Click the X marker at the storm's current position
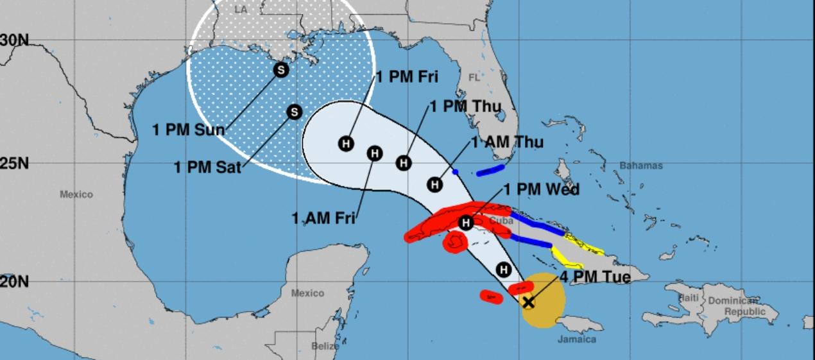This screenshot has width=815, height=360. point(528,302)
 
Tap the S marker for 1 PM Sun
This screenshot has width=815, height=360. point(280,71)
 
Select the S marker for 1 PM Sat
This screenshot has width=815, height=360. point(293,112)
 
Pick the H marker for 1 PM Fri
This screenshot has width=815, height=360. point(346,144)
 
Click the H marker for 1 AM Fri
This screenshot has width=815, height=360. point(375,153)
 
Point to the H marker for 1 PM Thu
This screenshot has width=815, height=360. point(403,163)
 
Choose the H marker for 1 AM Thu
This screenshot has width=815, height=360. point(434,185)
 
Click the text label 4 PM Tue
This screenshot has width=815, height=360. point(595,277)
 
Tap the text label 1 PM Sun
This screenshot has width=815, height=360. point(188,130)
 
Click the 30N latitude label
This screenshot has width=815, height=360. point(14,40)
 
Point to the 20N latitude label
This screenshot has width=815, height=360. point(14,282)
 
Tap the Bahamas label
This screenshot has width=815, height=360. point(640,166)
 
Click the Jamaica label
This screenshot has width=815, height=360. point(576,339)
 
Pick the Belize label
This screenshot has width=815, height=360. point(326,347)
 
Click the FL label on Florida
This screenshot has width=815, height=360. point(474,78)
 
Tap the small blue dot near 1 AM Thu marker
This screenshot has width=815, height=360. point(455,172)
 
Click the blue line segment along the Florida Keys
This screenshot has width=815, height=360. point(490,170)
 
